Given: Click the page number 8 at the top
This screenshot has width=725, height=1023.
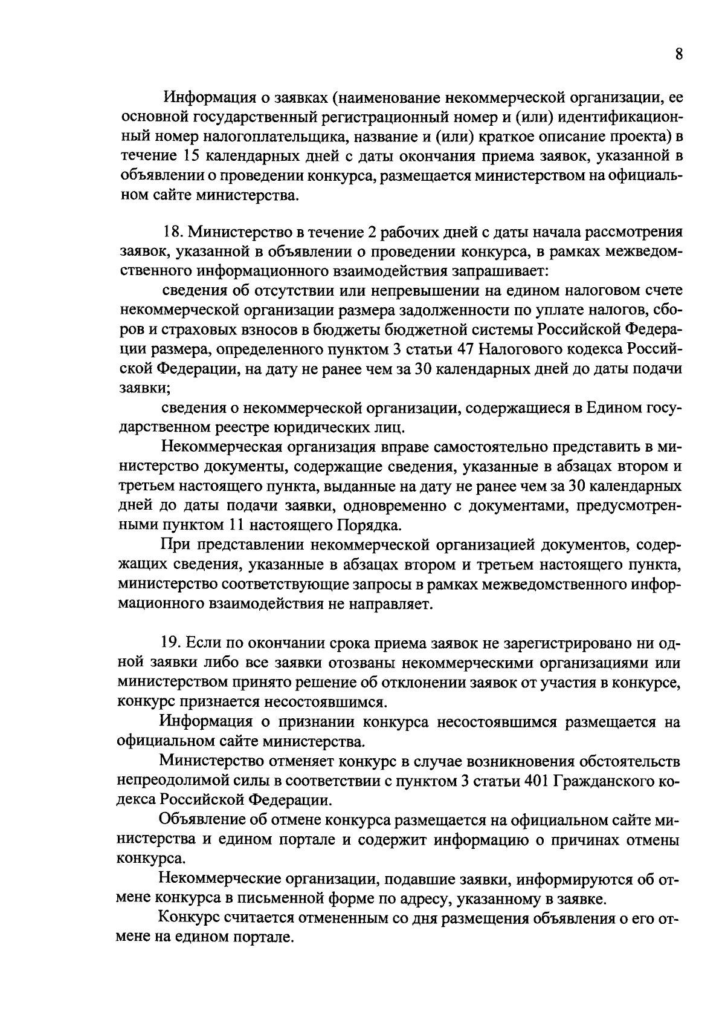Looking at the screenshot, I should coord(678,54).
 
